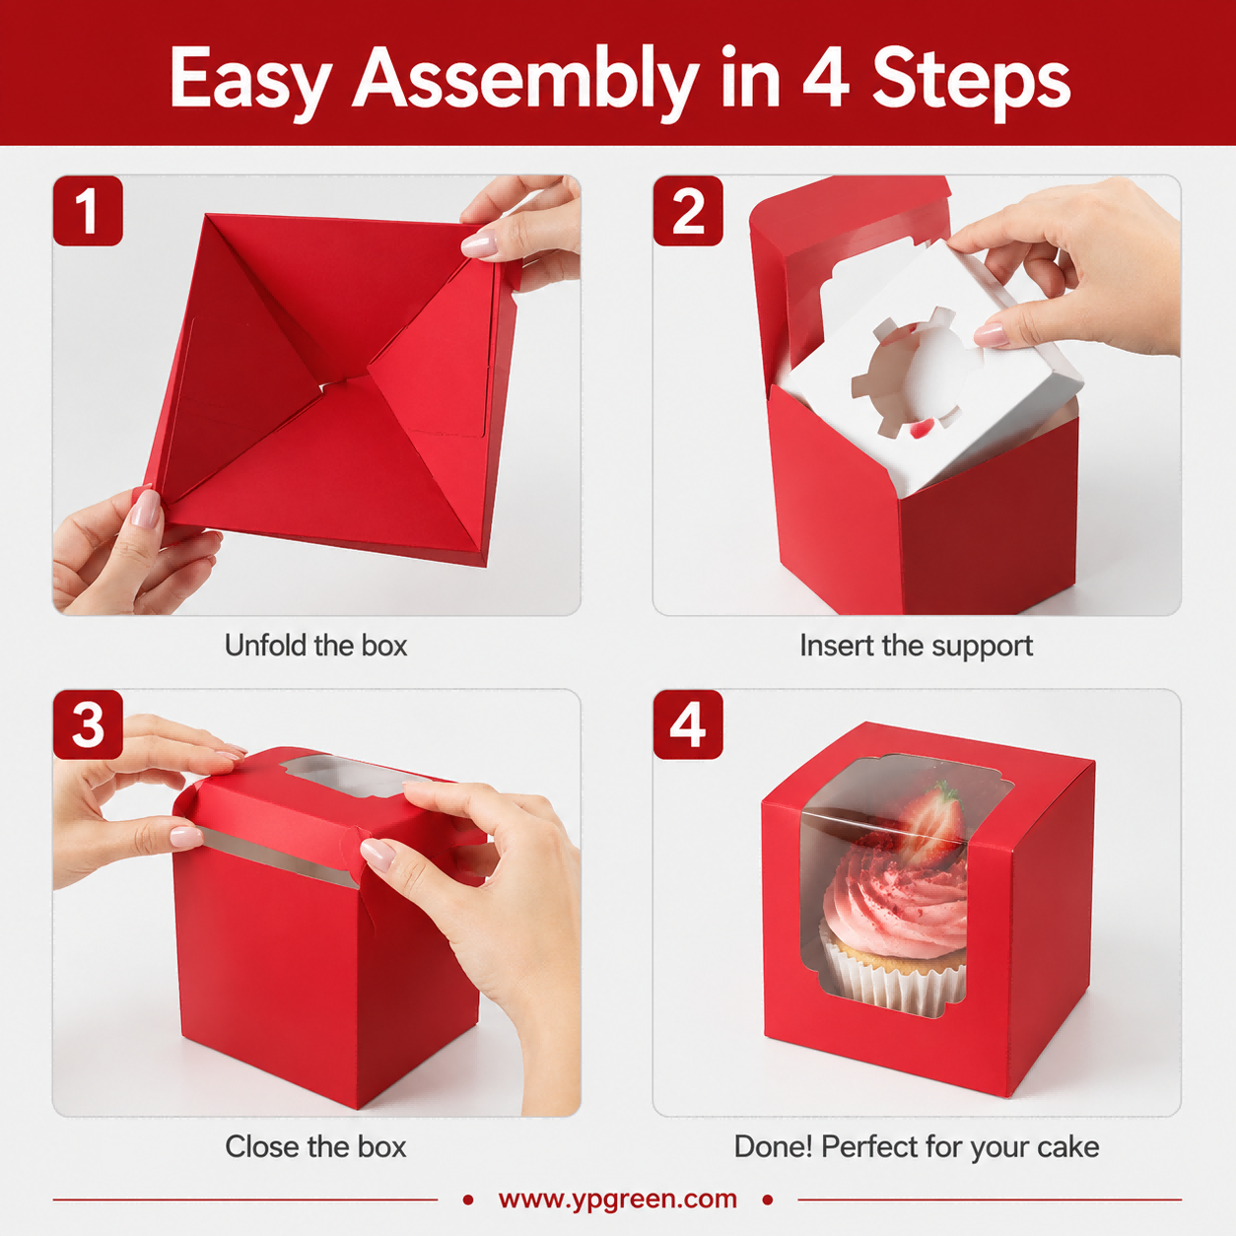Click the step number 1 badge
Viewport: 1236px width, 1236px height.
[x=88, y=211]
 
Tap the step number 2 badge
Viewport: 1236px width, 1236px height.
[x=688, y=211]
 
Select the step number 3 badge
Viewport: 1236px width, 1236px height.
[x=88, y=724]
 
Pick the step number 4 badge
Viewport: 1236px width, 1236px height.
[x=688, y=724]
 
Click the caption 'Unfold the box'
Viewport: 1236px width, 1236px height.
[x=315, y=646]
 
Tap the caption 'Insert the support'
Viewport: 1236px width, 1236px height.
[x=916, y=647]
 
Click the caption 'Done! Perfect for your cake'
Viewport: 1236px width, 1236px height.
[x=917, y=1147]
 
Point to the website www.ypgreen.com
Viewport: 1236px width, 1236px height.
[x=618, y=1199]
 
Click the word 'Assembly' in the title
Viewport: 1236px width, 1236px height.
[x=525, y=78]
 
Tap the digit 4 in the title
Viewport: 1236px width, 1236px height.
[x=826, y=78]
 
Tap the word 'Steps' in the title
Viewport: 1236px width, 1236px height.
[x=971, y=80]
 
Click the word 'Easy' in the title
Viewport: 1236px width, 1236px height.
[x=250, y=80]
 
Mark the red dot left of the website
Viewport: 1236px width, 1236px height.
[x=468, y=1200]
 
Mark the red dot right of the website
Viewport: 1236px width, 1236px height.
[x=768, y=1200]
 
